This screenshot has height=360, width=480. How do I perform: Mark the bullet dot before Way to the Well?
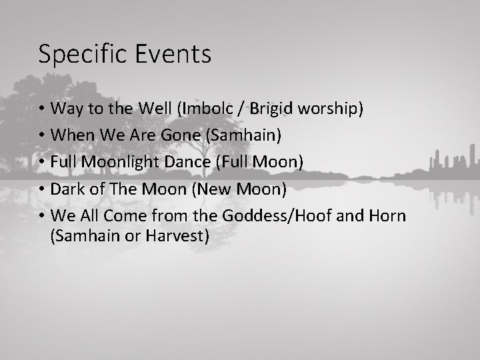[x=41, y=109]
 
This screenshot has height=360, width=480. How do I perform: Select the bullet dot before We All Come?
[x=41, y=217]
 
